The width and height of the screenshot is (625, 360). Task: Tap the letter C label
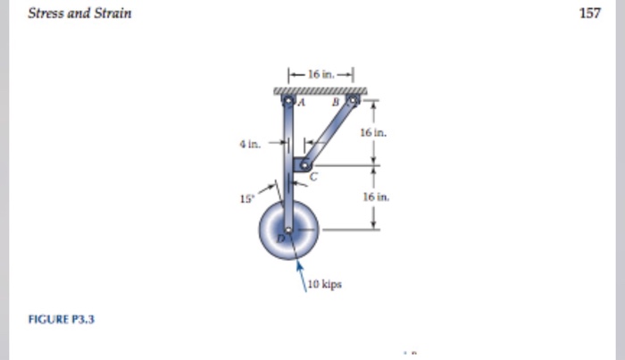click(x=312, y=178)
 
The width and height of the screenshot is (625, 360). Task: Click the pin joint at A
click(x=288, y=102)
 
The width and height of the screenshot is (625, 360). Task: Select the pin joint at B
click(x=353, y=102)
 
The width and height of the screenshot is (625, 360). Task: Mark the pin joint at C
click(x=304, y=165)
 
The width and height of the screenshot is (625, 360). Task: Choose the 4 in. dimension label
click(x=251, y=142)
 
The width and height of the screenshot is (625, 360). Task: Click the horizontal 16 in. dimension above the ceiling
click(x=320, y=76)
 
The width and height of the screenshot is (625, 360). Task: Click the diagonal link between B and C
click(x=329, y=134)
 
